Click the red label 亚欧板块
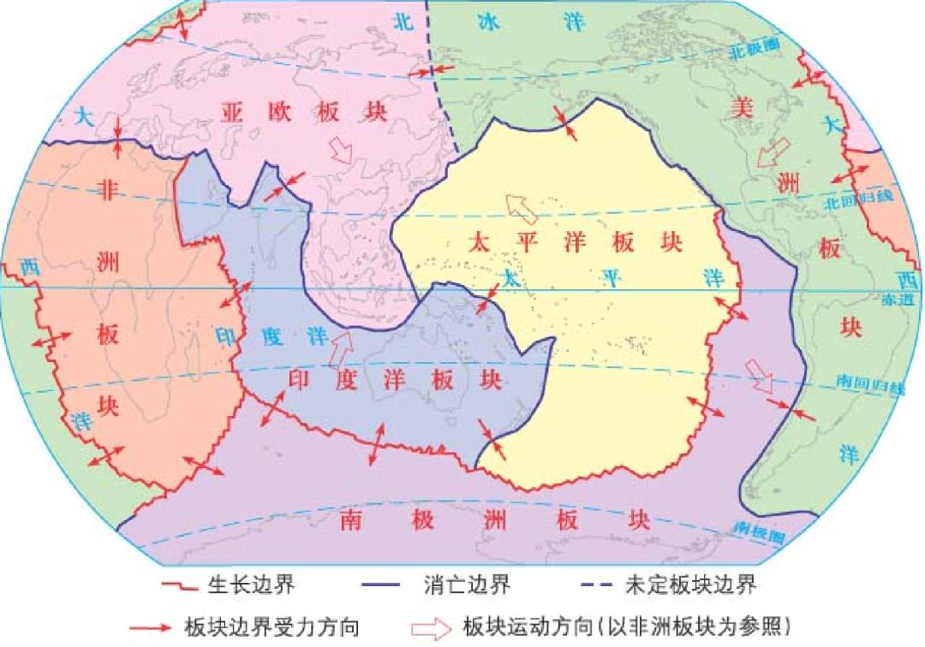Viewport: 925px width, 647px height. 304,112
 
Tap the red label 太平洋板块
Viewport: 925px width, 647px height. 575,242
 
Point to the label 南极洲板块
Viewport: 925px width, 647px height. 494,519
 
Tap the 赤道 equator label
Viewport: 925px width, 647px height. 905,299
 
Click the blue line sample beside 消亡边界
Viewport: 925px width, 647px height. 385,587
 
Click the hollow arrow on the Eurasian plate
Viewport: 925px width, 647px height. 341,151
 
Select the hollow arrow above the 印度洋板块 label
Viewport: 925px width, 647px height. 341,347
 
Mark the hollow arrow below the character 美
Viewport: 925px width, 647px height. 773,154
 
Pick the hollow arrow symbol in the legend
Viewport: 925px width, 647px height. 432,627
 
